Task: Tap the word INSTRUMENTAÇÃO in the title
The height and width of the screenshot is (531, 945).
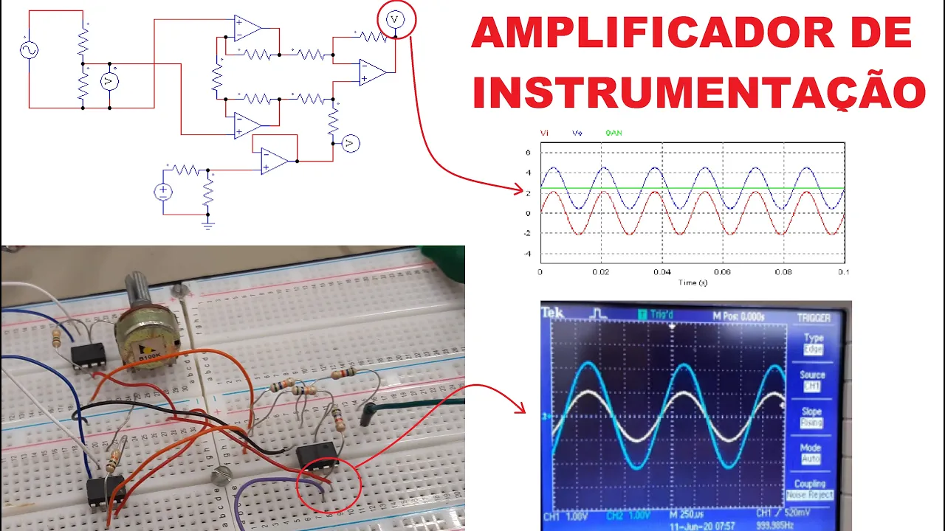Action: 698,93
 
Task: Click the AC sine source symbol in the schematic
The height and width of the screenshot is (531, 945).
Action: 30,50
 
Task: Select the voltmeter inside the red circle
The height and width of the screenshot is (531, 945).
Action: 396,19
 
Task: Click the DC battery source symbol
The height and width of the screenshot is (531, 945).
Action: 163,192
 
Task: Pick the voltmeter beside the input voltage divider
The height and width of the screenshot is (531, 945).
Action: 110,81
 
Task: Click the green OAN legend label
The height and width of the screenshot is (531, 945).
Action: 614,133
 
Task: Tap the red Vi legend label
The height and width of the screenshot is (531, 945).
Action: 544,133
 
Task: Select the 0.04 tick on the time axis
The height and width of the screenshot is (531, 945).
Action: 661,272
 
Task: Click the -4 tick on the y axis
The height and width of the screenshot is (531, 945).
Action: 528,254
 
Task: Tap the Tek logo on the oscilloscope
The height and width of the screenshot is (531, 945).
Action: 553,313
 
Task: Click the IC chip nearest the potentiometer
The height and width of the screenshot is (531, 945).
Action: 88,355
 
